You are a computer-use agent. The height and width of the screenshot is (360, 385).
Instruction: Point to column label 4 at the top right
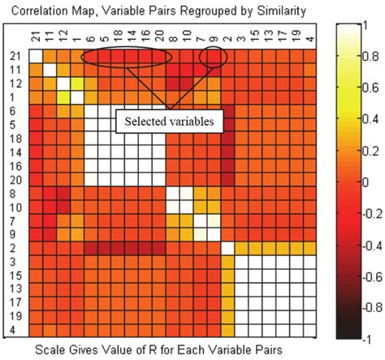click(309, 36)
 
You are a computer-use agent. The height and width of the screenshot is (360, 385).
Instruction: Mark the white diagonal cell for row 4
click(309, 330)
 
